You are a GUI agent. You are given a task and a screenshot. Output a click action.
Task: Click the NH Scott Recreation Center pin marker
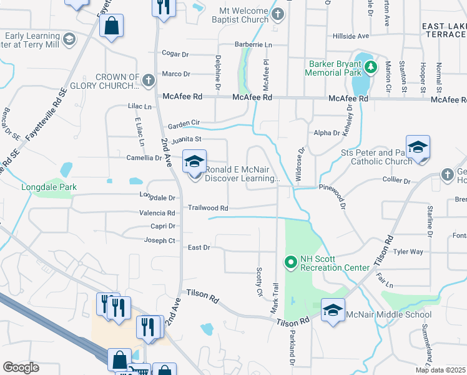(290, 262)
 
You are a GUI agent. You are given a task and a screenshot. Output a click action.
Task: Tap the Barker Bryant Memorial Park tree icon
(371, 66)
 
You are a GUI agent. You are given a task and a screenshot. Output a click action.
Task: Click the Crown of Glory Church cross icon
(148, 81)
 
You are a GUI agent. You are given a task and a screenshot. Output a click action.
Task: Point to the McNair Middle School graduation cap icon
(333, 309)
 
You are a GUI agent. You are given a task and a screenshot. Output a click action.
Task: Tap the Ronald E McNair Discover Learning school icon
(194, 162)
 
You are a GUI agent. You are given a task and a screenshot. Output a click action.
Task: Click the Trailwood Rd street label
(208, 207)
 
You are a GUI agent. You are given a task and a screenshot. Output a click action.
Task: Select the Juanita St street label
(189, 139)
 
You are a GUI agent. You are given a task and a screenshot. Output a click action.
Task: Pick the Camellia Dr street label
(144, 158)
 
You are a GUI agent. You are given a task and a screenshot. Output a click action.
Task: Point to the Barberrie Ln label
(253, 45)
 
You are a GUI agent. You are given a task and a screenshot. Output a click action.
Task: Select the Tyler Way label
(408, 251)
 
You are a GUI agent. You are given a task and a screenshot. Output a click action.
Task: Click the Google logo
(21, 367)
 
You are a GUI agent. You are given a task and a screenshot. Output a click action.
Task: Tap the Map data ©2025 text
(440, 370)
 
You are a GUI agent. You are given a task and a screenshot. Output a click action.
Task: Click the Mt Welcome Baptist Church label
(243, 15)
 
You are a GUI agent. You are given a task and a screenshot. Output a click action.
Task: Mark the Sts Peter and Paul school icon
(418, 147)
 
